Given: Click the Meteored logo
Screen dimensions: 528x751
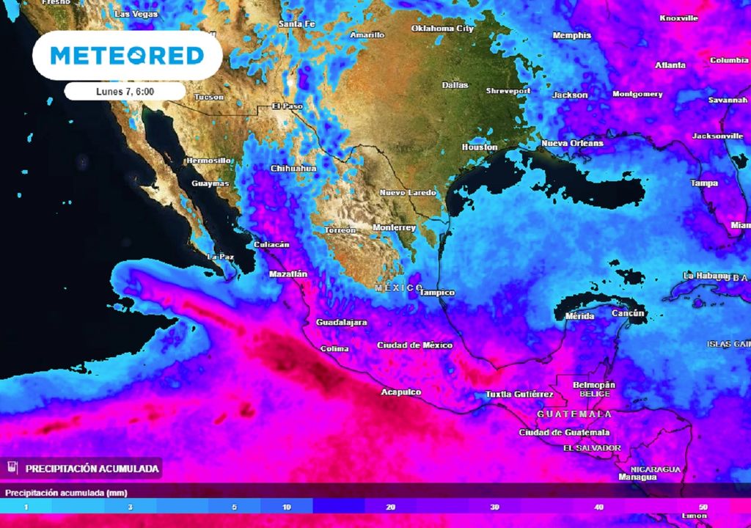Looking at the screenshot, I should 127,55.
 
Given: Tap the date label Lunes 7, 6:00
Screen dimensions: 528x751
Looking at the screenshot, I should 124,91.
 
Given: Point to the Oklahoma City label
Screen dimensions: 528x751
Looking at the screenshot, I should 442,29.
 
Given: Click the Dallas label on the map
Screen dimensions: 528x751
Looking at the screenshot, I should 455,85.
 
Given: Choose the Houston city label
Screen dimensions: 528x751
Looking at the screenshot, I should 479,147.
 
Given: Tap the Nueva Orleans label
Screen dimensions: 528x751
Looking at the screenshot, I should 572,143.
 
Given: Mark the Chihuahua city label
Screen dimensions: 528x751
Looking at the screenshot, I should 293,169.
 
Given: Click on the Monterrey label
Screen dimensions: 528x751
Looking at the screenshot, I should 394,227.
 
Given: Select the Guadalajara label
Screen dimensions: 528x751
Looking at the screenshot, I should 341,323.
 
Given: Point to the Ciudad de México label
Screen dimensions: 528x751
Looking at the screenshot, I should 414,345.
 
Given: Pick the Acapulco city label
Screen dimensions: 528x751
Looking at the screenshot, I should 400,392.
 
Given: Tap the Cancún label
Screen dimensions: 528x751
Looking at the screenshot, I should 628,314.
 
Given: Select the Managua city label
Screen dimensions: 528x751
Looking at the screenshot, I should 637,477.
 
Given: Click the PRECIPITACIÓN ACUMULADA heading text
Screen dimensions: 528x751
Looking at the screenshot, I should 92,468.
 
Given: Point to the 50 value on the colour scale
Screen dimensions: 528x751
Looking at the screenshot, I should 703,507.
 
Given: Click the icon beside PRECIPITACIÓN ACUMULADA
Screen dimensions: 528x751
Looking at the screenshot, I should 12,468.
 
